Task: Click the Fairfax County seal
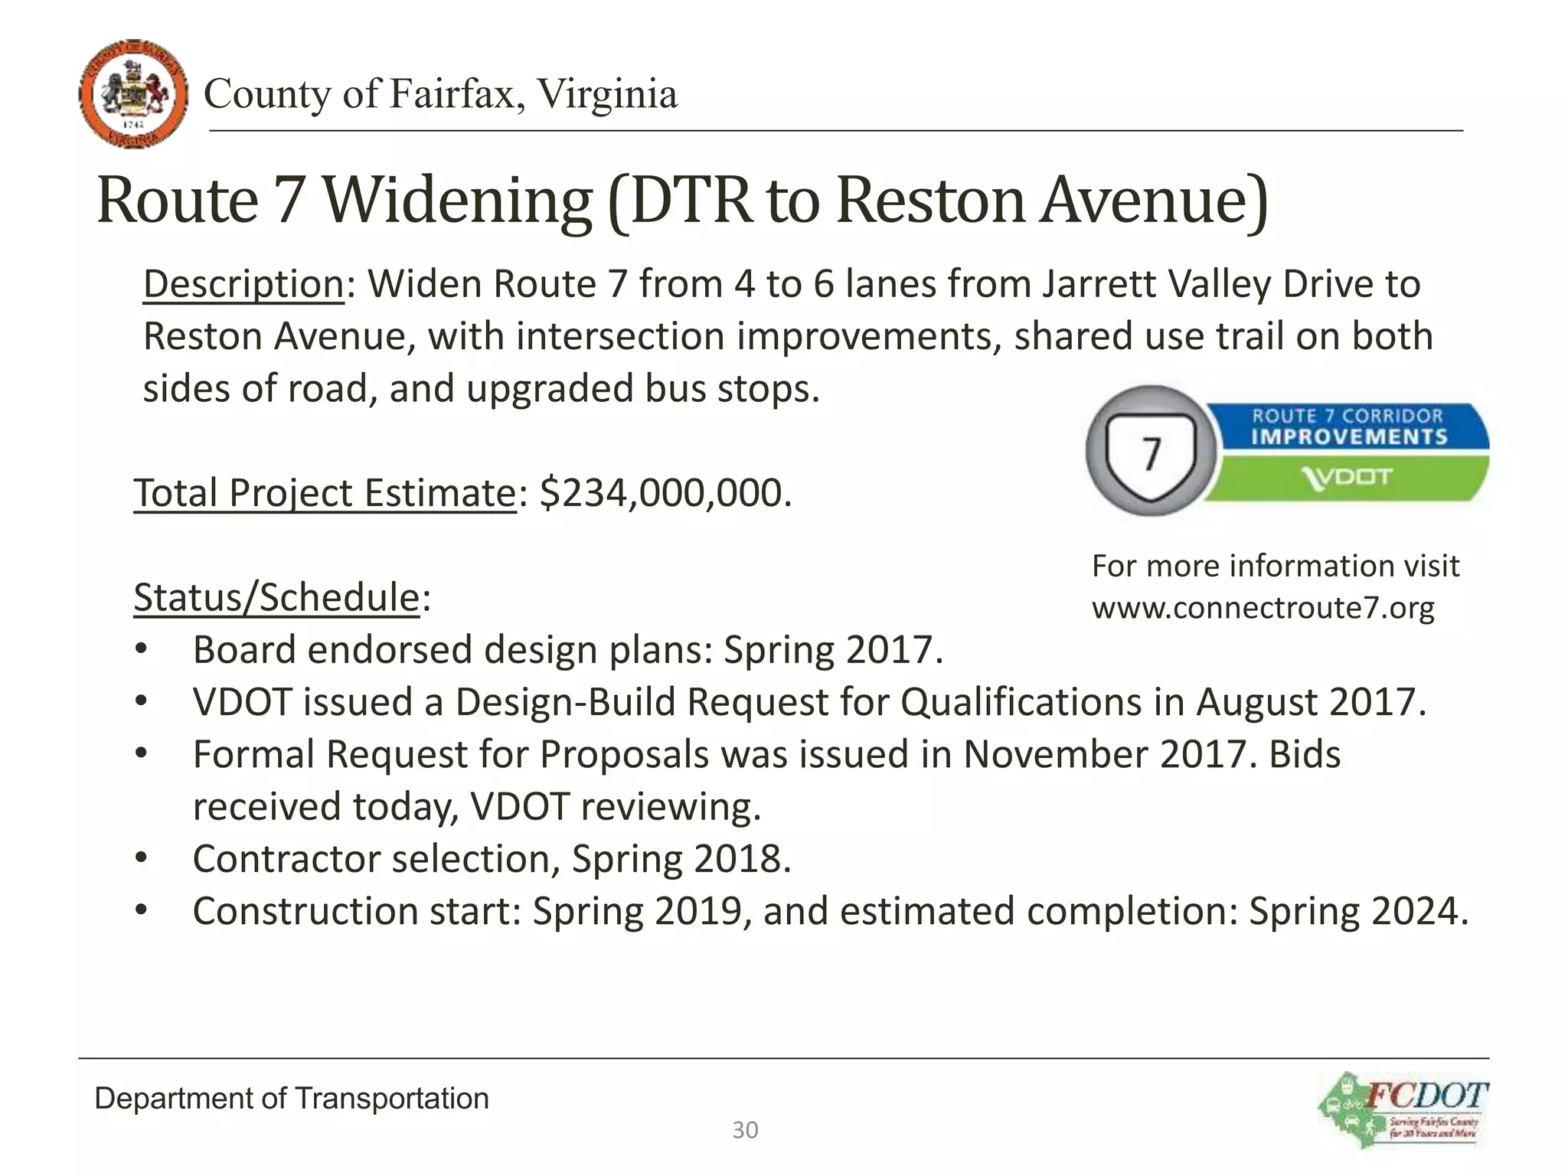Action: [133, 93]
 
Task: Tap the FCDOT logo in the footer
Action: [1403, 1109]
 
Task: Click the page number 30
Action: [745, 1130]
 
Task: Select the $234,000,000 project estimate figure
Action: [665, 492]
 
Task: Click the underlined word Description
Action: [243, 285]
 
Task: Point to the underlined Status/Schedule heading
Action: [277, 597]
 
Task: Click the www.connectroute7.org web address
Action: [1263, 608]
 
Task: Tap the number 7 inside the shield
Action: [1151, 454]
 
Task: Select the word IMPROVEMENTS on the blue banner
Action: [1349, 437]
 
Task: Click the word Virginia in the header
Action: [606, 94]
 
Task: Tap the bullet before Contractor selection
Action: [141, 858]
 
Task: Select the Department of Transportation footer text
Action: [292, 1099]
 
